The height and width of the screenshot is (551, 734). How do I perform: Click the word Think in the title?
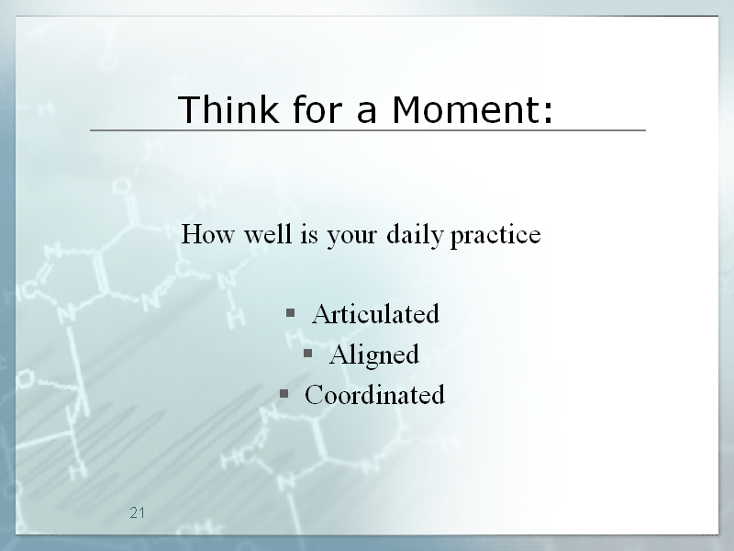click(x=228, y=109)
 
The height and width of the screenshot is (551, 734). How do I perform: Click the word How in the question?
click(x=207, y=233)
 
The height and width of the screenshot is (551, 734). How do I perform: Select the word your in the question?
click(x=351, y=237)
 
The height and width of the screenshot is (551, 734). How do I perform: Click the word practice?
click(x=495, y=235)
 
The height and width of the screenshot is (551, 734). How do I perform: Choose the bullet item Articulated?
click(x=376, y=313)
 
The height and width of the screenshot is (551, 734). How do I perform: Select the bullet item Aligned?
click(x=374, y=355)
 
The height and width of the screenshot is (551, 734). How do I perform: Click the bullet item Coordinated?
click(x=374, y=395)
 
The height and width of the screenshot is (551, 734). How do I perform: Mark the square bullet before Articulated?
click(x=290, y=312)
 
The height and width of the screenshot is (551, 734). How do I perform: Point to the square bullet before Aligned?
click(x=307, y=353)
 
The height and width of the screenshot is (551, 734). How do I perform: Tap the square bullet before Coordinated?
click(x=284, y=393)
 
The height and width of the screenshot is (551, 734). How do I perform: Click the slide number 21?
click(x=137, y=513)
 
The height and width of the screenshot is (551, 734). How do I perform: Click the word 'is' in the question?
click(x=309, y=234)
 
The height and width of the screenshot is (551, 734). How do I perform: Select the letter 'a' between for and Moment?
click(x=366, y=114)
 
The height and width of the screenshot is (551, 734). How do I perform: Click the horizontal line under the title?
click(x=368, y=130)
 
